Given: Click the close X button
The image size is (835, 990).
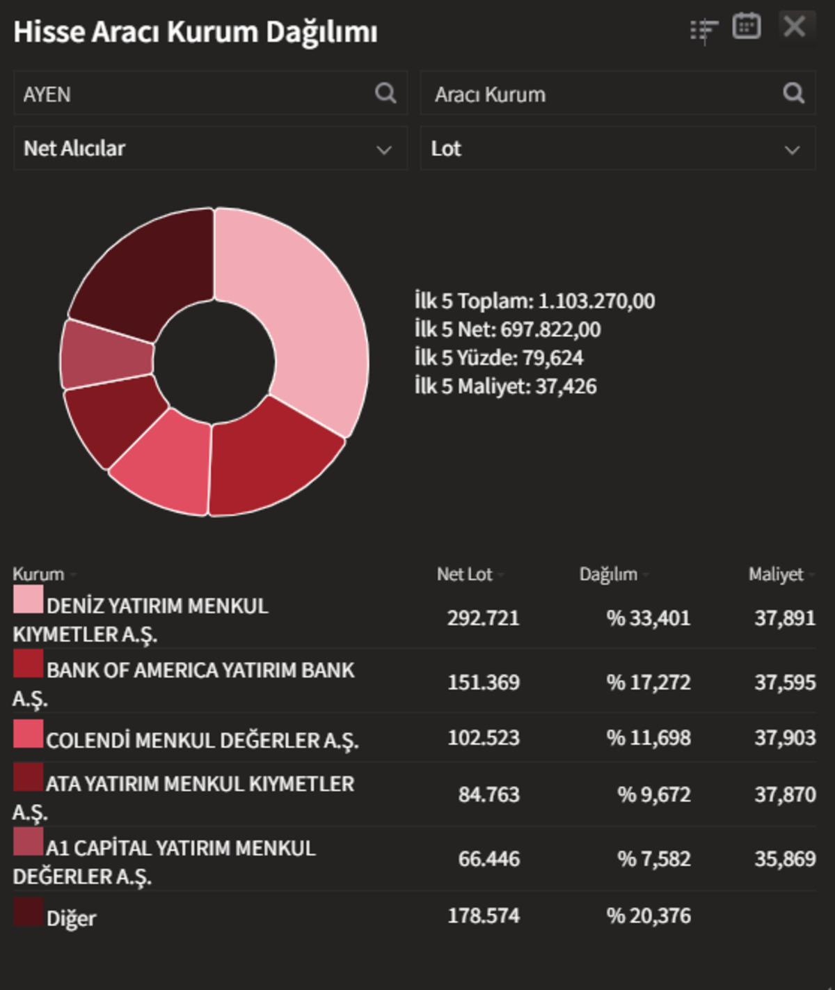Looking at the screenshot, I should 795,27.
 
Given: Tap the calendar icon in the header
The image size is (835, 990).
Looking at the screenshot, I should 746,27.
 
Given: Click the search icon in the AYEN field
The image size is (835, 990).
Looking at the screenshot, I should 385,93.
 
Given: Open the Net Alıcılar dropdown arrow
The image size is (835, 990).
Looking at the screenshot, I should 383,150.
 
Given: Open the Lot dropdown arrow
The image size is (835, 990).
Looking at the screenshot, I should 792,150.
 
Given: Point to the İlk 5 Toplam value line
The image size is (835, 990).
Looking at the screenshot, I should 534,301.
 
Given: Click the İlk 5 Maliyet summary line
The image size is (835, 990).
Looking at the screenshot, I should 505,386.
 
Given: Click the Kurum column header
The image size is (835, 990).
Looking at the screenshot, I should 39,574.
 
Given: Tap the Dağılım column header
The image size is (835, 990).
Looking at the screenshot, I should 608,574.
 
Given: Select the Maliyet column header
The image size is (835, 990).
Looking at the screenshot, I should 776,574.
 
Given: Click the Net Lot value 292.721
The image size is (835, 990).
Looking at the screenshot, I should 483,618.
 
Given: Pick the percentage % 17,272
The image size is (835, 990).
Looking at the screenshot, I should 649,682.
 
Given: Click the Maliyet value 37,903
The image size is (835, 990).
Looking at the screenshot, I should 785,738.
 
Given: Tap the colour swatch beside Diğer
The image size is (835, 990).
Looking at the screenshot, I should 28,913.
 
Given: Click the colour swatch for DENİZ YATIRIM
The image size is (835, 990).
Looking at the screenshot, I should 28,599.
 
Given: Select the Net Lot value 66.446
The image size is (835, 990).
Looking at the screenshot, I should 488,859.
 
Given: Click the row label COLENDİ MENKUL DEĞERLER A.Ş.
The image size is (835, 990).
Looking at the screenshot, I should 202,740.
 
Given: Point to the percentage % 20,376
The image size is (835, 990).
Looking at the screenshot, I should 649,916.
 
